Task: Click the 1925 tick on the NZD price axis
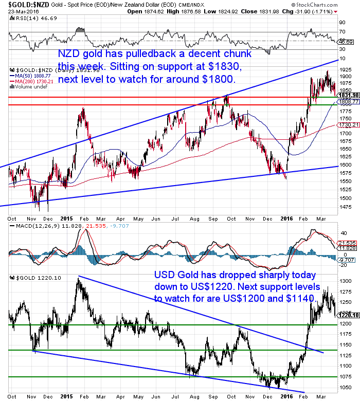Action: point(346,68)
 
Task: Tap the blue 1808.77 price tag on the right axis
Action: point(348,102)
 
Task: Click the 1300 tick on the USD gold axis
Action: point(346,281)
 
